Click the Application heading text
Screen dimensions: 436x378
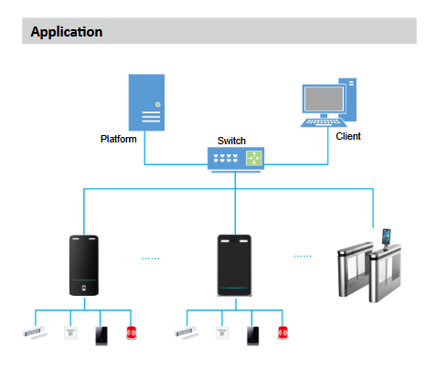pos(67,32)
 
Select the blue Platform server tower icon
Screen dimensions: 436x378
pos(146,102)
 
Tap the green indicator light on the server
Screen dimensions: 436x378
pos(157,105)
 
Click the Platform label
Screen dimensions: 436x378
pos(119,139)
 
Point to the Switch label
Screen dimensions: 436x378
pos(231,141)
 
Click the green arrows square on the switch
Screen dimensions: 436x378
pos(254,158)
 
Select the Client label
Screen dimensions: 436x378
pos(348,136)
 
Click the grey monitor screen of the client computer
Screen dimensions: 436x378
pos(324,99)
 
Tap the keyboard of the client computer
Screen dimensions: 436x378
pos(324,122)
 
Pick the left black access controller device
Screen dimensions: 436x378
pos(84,266)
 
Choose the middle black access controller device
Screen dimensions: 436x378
pos(234,266)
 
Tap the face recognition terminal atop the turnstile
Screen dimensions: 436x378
pos(387,237)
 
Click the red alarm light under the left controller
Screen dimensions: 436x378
pos(132,332)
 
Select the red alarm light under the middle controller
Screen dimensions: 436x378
pos(282,332)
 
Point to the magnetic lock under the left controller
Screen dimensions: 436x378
pos(36,332)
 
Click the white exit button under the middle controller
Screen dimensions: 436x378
pos(222,333)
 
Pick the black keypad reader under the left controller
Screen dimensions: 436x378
pos(101,336)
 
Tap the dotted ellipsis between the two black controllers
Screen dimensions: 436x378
pos(151,258)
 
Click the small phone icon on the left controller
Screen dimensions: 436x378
pos(84,288)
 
